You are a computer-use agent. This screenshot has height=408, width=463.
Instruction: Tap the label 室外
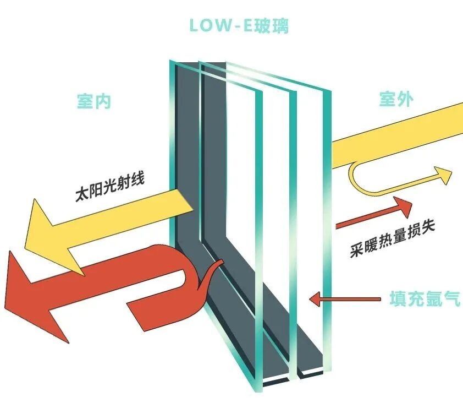point(396,99)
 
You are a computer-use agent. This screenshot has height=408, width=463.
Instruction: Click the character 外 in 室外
point(405,99)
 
